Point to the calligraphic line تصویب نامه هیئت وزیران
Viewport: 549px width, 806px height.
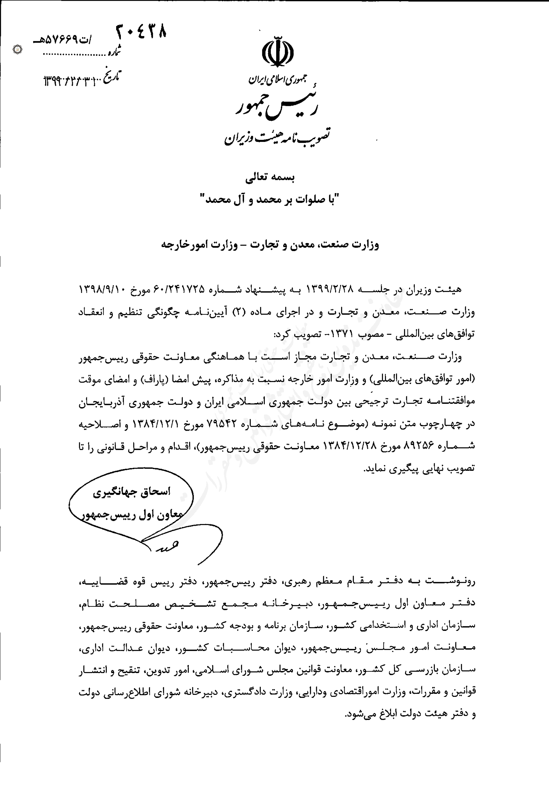(277, 136)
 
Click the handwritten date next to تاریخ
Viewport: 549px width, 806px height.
(73, 81)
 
